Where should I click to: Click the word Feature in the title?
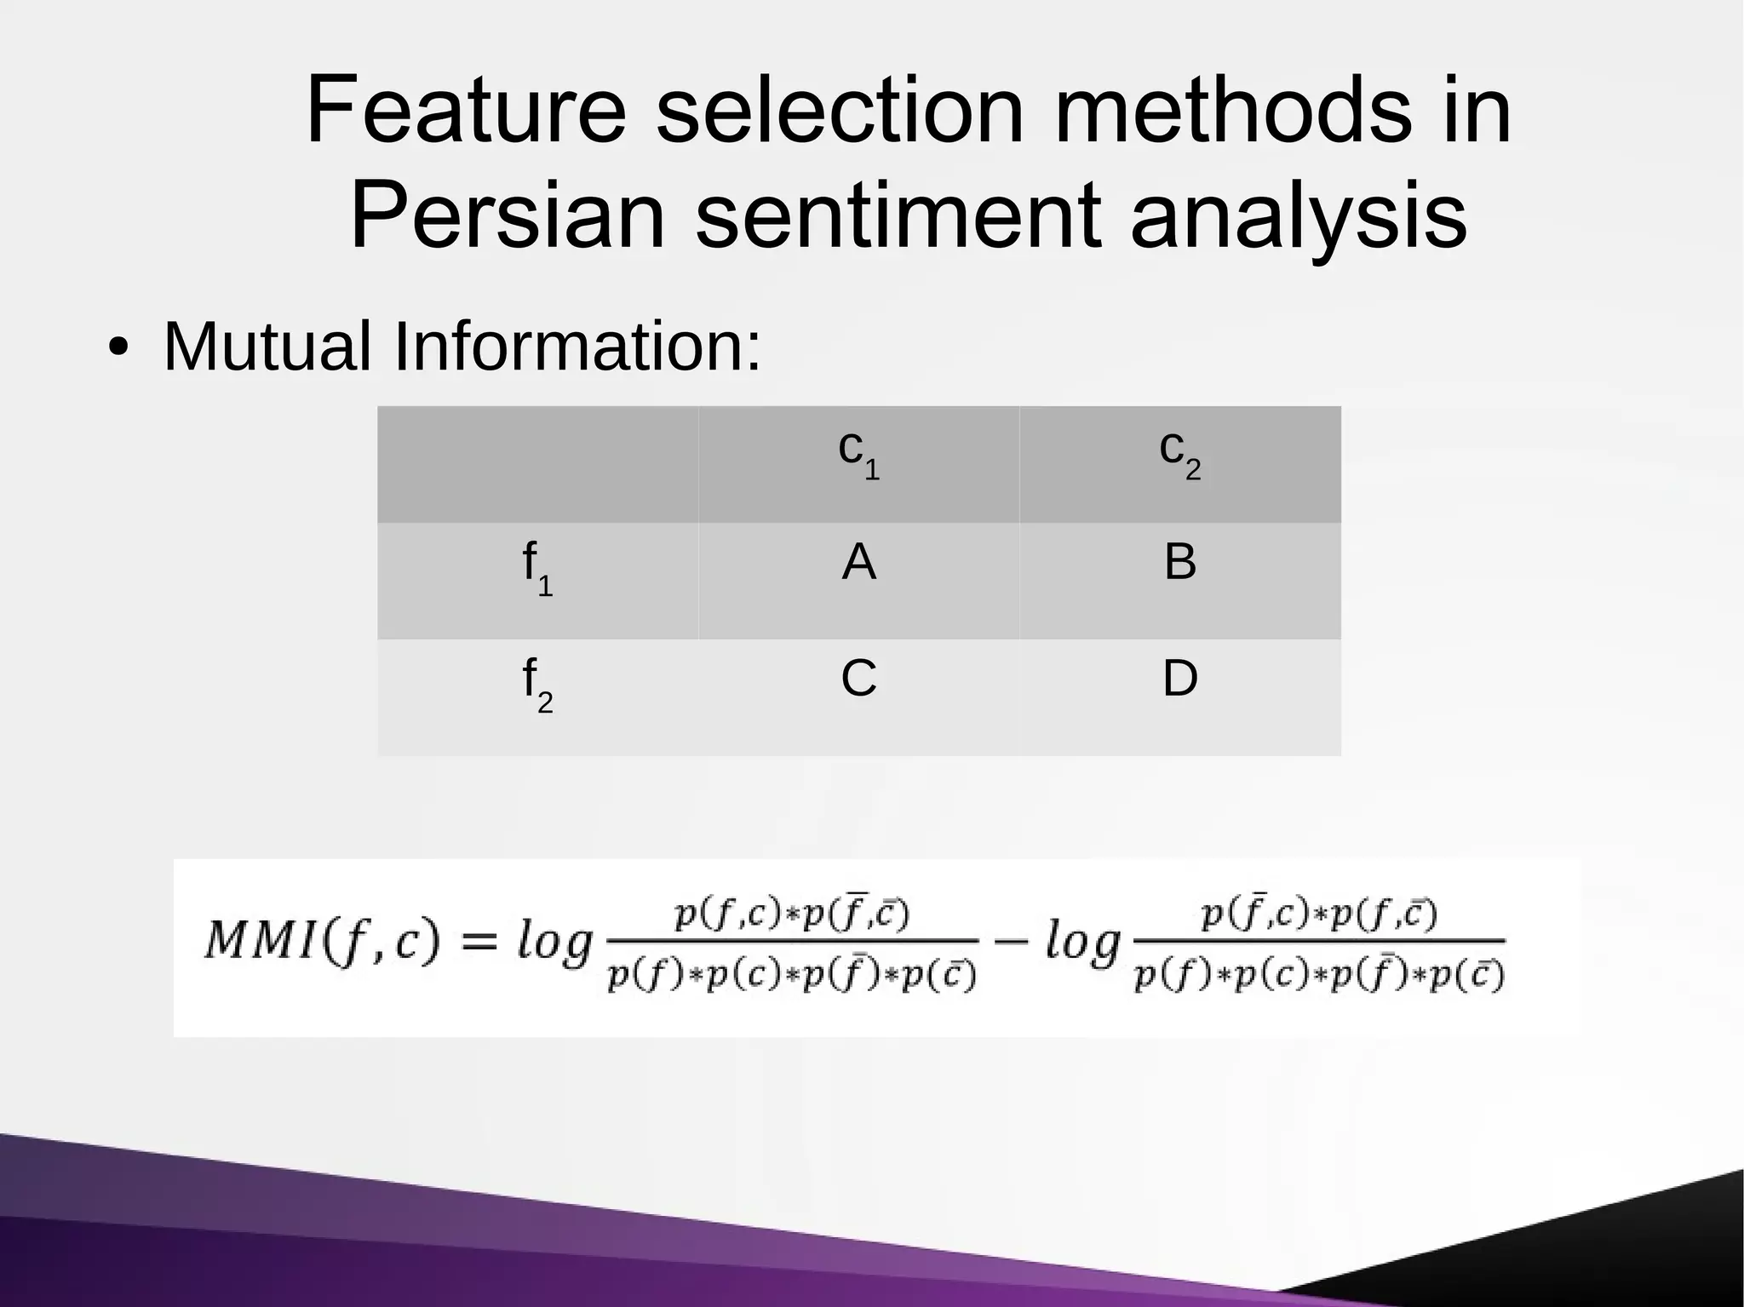coord(466,111)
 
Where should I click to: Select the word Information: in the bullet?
coord(577,347)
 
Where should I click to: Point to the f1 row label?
coord(537,570)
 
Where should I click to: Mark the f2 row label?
coord(537,686)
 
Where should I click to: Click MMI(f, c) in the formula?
coord(322,942)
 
